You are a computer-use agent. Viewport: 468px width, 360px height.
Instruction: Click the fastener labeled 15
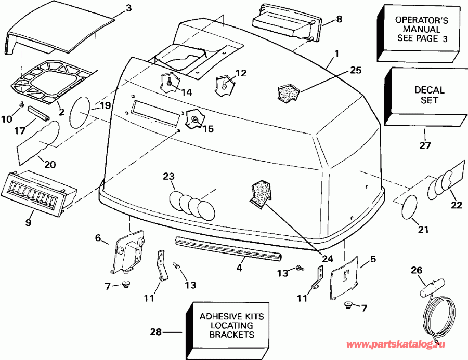click(194, 120)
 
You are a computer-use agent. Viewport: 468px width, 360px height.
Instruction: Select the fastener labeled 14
click(168, 82)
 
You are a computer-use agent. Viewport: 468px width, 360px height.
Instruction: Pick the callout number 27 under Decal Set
click(425, 146)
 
